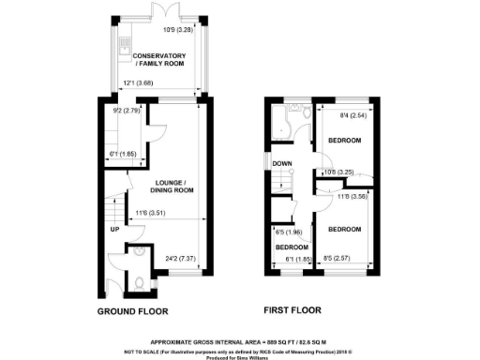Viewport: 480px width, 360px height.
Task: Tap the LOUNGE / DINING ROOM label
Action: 170,186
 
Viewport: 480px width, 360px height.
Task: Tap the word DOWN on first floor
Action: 282,163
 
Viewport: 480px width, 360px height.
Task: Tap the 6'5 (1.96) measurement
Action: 287,232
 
